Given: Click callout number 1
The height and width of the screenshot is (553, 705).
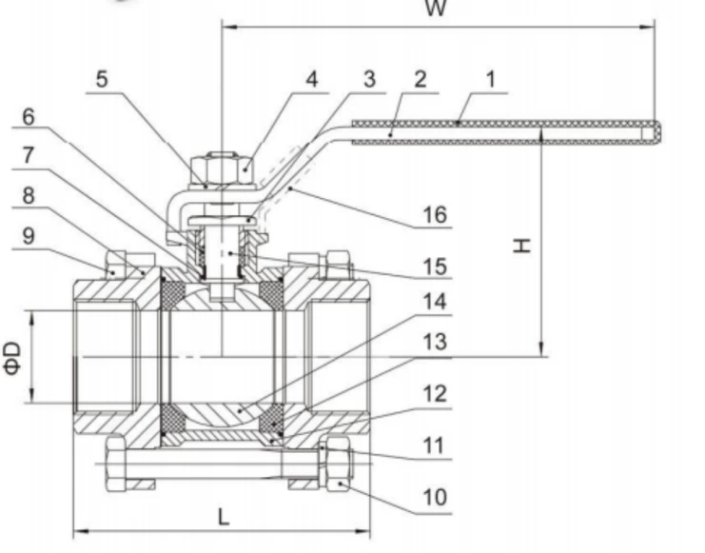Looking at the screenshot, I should (x=491, y=79).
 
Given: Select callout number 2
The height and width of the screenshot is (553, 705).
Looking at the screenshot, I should (x=421, y=79).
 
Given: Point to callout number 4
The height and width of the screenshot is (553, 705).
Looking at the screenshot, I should (x=311, y=79).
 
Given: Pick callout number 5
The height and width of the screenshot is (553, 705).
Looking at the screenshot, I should (x=102, y=79).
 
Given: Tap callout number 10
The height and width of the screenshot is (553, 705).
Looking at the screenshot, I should (x=434, y=497).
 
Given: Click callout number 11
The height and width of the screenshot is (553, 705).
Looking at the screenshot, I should (x=434, y=444).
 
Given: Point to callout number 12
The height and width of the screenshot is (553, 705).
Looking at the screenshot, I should (x=434, y=393).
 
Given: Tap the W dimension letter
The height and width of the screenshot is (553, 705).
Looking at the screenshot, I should (x=435, y=10).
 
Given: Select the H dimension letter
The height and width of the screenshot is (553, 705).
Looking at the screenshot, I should (x=520, y=246).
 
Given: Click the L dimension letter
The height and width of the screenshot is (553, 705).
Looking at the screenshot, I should (x=223, y=517).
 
